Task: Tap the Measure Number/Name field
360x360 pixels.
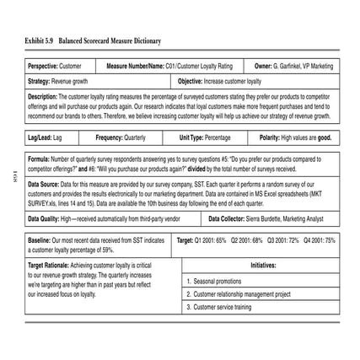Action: click(x=169, y=65)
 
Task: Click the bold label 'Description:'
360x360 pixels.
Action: click(x=42, y=96)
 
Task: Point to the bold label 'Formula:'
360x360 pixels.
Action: click(x=39, y=159)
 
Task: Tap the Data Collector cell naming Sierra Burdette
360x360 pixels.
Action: click(x=270, y=218)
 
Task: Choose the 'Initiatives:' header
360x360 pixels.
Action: click(x=262, y=267)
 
